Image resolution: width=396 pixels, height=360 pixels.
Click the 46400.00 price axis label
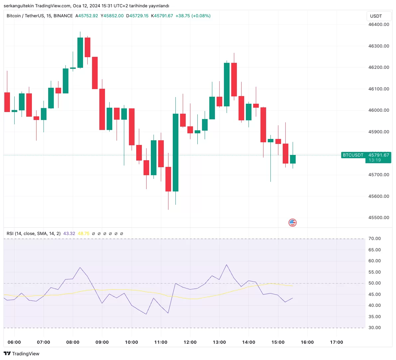[378, 25]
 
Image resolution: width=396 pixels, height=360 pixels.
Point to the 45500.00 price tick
[378, 218]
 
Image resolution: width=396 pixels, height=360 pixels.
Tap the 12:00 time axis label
[190, 342]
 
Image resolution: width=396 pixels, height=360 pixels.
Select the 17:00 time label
[337, 342]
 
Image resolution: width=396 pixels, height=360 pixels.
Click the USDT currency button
[376, 16]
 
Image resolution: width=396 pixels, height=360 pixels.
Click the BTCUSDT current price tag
[353, 155]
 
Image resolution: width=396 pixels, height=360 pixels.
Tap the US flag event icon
[292, 223]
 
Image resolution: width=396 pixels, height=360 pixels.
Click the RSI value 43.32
[69, 234]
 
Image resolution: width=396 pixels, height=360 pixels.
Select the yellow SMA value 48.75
[83, 234]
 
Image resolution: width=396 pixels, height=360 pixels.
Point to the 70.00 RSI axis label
[374, 239]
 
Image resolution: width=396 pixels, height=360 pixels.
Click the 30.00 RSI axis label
[374, 328]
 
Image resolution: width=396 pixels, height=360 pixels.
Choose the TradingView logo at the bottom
[22, 354]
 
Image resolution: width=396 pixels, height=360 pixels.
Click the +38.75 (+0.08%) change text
[193, 16]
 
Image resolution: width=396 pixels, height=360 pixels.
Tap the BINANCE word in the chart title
[63, 16]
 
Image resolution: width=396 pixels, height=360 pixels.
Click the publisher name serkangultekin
[19, 6]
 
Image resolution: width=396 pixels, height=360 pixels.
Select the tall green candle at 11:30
[175, 153]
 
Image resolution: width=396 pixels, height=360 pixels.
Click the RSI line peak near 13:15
[227, 265]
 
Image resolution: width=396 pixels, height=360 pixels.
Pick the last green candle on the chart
[293, 159]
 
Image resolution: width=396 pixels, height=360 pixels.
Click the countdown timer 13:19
[374, 160]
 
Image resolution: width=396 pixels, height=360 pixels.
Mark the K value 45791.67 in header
[163, 16]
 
